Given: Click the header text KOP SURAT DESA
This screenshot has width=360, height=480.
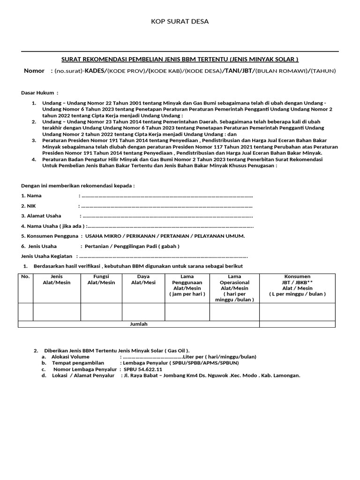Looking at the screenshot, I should point(180,22).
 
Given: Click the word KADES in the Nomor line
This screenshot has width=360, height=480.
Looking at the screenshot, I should point(95,71).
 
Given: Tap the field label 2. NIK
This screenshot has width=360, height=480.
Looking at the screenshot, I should point(29,206).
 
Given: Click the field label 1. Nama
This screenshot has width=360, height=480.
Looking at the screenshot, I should point(31,195).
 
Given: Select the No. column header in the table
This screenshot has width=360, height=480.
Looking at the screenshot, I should point(25,277).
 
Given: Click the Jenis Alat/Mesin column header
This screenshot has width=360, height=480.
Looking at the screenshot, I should point(57,279).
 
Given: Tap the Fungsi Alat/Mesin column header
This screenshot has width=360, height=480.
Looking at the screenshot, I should point(101,279).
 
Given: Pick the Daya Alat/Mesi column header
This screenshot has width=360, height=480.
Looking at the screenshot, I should point(143,279).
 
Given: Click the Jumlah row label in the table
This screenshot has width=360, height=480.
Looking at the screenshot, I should point(138,324).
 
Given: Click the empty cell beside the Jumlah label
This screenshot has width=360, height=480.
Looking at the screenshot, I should point(297,324).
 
